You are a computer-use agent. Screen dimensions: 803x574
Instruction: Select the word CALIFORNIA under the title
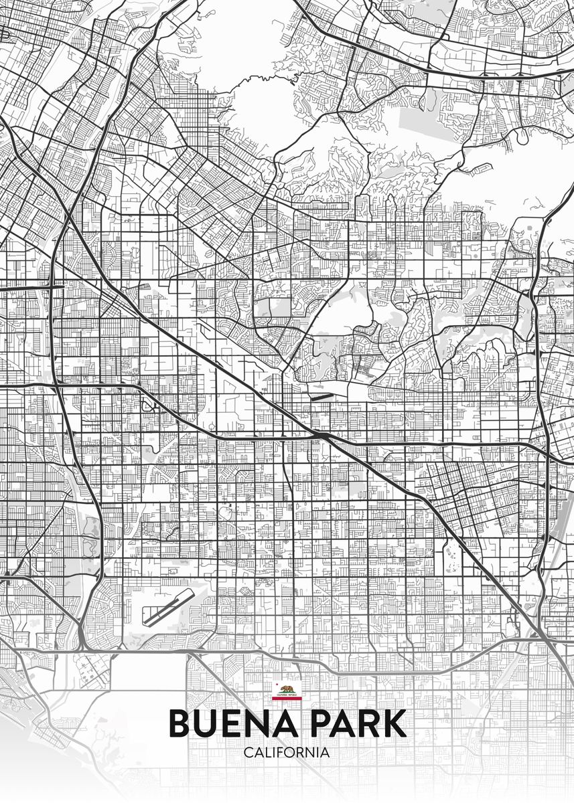pos(287,752)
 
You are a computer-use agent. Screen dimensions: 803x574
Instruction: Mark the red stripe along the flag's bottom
pos(287,698)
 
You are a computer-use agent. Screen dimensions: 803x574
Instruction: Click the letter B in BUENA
pos(180,723)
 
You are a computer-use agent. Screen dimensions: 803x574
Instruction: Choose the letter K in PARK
pos(394,723)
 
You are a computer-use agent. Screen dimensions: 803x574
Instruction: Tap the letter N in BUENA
pos(254,723)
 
